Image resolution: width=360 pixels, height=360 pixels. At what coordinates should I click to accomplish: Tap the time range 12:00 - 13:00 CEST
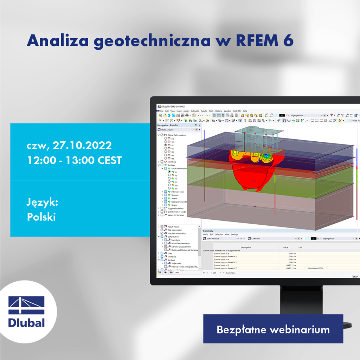click(x=74, y=160)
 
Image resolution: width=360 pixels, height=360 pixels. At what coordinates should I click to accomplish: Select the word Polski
click(x=41, y=217)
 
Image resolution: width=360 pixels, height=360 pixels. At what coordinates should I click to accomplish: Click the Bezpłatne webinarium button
click(x=273, y=329)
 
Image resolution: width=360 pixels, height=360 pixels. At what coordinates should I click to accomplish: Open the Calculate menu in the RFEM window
click(x=195, y=111)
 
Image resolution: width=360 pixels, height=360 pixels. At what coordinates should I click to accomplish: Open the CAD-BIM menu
click(x=237, y=111)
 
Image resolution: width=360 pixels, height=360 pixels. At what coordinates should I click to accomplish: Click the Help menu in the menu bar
click(x=245, y=111)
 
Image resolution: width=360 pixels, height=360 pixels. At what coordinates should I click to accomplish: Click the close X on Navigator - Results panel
click(x=199, y=125)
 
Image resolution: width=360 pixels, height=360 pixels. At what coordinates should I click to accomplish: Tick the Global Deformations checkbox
click(x=162, y=135)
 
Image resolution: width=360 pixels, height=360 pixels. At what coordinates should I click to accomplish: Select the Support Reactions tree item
click(x=175, y=208)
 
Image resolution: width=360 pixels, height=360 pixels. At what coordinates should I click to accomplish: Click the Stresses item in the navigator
click(x=175, y=195)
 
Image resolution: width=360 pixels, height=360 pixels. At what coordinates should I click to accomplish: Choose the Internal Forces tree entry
click(x=178, y=192)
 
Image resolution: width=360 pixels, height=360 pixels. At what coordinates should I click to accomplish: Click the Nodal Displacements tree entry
click(x=180, y=243)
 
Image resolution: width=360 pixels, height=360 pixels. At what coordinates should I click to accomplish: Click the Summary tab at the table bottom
click(x=230, y=273)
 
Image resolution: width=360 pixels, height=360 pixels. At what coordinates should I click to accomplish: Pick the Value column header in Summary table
click(x=285, y=247)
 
